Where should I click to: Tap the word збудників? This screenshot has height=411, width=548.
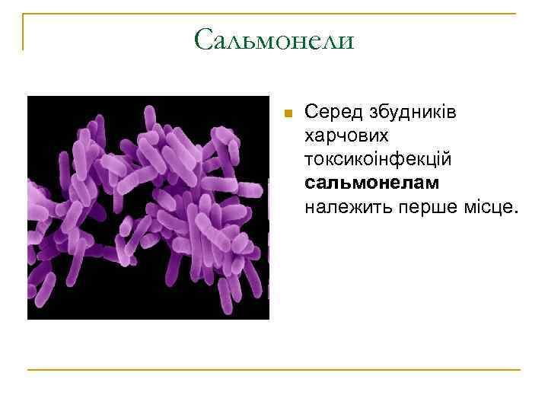coord(411,113)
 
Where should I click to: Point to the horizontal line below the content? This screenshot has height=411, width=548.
coord(274,370)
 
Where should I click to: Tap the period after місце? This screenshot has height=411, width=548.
coord(515,212)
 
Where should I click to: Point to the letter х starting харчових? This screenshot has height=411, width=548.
coord(309,137)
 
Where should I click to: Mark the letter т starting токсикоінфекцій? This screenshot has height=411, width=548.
coord(309,161)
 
